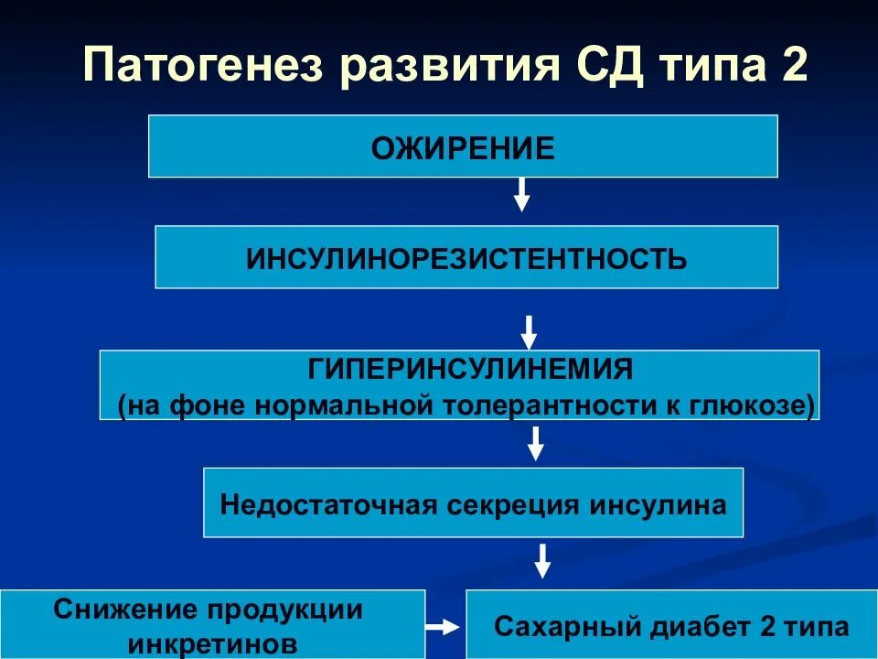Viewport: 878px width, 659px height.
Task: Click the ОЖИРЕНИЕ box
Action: click(x=463, y=146)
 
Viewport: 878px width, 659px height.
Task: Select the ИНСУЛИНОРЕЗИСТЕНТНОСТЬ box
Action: click(x=466, y=258)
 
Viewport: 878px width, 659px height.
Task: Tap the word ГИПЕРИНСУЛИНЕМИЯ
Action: click(x=471, y=371)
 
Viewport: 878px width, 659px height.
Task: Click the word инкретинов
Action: click(x=213, y=641)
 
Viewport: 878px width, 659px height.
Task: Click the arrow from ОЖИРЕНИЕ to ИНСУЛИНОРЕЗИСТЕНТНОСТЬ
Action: click(x=521, y=194)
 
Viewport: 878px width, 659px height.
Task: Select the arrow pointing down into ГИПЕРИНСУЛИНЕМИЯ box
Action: click(x=529, y=332)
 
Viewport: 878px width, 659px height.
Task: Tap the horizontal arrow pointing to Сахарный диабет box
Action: click(x=444, y=627)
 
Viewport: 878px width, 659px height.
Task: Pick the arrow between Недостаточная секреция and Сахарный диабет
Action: click(x=542, y=561)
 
